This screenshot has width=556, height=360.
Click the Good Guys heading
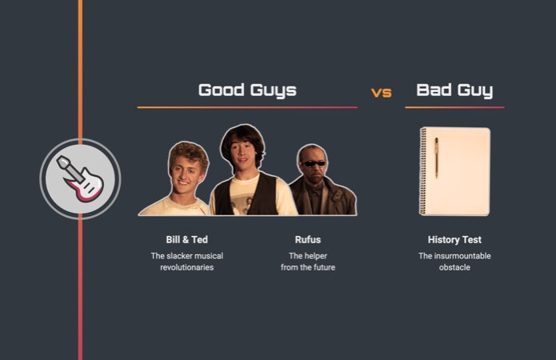pos(247,90)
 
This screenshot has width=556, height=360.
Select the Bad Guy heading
pos(454,90)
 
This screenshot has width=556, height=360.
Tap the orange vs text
pos(382,93)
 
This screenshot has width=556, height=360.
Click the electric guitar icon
pos(80,178)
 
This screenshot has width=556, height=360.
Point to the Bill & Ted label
pos(187,239)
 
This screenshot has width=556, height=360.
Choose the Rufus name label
pos(308,239)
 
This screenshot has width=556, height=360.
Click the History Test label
pos(454,239)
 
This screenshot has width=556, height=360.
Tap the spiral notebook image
pos(456,171)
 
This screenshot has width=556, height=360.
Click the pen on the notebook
pos(436,157)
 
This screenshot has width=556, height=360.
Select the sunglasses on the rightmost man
pos(313,163)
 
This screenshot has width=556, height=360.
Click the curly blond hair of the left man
pos(188,152)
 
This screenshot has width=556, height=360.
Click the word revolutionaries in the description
pos(187,267)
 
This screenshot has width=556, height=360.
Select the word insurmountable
pos(454,256)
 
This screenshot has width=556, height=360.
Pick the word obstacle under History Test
pos(454,267)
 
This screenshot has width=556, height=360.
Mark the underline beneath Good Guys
pos(247,107)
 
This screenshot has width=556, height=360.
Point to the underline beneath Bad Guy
pos(454,107)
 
